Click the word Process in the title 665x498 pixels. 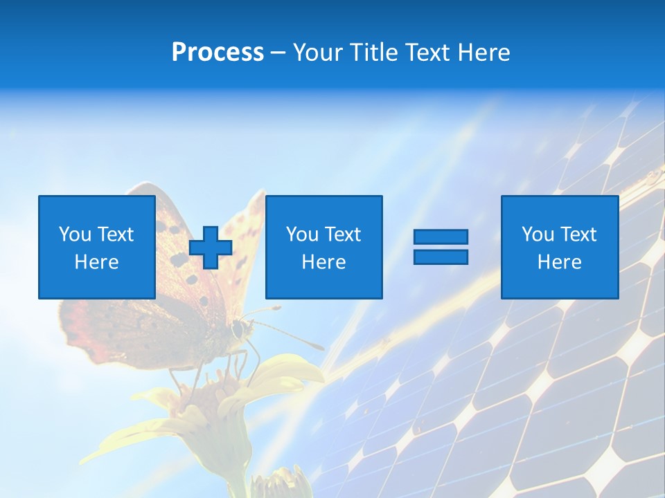point(218,53)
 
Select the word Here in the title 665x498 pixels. point(484,53)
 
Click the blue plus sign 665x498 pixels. point(211,248)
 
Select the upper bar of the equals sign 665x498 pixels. point(441,237)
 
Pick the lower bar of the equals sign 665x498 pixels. point(441,257)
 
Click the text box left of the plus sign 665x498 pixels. point(97,248)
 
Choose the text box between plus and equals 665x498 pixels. point(323,248)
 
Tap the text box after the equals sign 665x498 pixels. point(560,248)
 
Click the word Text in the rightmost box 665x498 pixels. point(578,234)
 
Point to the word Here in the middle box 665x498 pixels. point(323,262)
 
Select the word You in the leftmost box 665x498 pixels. point(75,234)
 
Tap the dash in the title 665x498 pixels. point(278,53)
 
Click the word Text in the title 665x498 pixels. point(428,53)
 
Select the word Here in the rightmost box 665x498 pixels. point(560,262)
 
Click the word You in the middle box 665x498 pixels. point(302,234)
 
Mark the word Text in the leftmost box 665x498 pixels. point(116,234)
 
